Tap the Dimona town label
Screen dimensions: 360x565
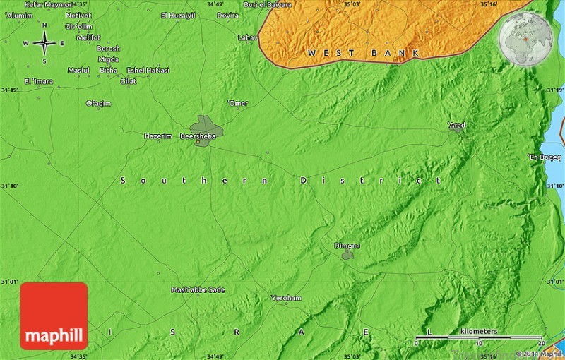click(x=347, y=246)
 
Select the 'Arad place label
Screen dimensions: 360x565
click(x=457, y=125)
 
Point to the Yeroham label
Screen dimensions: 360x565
click(x=286, y=298)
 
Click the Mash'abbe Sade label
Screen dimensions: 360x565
click(x=198, y=289)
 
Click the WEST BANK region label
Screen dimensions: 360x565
click(x=363, y=53)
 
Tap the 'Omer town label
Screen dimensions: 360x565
click(x=238, y=103)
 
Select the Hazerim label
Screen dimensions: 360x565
click(x=157, y=136)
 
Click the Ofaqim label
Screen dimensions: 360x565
click(x=99, y=103)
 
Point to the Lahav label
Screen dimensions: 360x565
click(x=248, y=37)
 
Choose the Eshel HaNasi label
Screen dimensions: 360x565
click(x=148, y=70)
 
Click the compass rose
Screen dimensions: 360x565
click(x=44, y=43)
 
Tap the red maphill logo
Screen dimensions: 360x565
click(x=54, y=316)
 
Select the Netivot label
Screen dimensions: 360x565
click(x=78, y=15)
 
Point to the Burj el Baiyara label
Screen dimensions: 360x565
click(x=268, y=4)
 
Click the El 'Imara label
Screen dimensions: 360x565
click(x=38, y=81)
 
